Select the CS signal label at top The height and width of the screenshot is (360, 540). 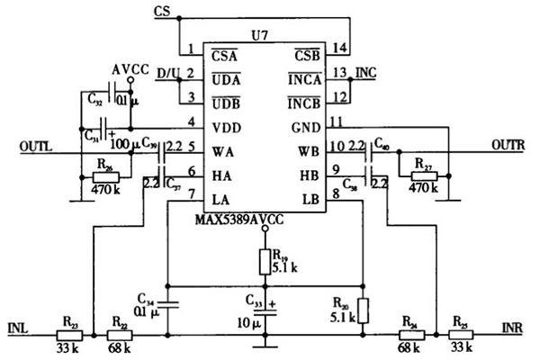161,11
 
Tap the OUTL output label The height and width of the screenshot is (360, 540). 36,143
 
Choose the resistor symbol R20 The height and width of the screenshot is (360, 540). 363,310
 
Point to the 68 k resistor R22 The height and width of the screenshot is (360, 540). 118,332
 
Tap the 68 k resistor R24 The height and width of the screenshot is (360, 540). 409,332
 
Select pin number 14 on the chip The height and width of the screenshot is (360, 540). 338,49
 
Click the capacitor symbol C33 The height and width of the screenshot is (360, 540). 264,312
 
